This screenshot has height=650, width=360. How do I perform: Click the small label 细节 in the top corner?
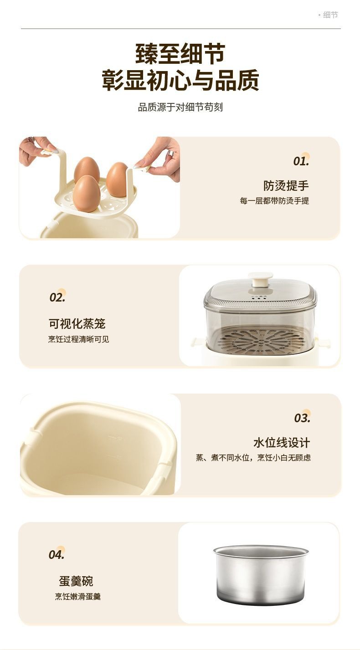pos(330,15)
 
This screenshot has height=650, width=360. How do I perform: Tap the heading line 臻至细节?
pos(180,54)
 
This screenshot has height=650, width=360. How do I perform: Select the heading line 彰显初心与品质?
pos(180,80)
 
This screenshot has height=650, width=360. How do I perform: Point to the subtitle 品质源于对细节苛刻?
pos(180,107)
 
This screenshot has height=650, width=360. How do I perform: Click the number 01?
pos(301,161)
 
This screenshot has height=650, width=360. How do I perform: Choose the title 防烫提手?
pos(286,185)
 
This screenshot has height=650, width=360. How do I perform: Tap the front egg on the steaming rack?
pos(87,193)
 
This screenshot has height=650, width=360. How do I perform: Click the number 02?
pos(57,297)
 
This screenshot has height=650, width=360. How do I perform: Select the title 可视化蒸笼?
pos(77,323)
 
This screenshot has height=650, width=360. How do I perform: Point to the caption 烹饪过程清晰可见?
pos(79,339)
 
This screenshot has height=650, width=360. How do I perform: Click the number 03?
pos(302,418)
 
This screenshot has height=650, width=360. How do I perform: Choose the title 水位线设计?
pos(282,443)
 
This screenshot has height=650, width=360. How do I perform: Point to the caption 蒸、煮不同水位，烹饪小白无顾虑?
pos(253,458)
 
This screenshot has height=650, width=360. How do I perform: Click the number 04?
pos(57,554)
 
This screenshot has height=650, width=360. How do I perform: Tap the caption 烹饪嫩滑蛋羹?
pos(78,596)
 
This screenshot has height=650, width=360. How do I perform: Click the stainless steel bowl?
pos(260,575)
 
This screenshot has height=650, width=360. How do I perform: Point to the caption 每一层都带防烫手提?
pos(274,200)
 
